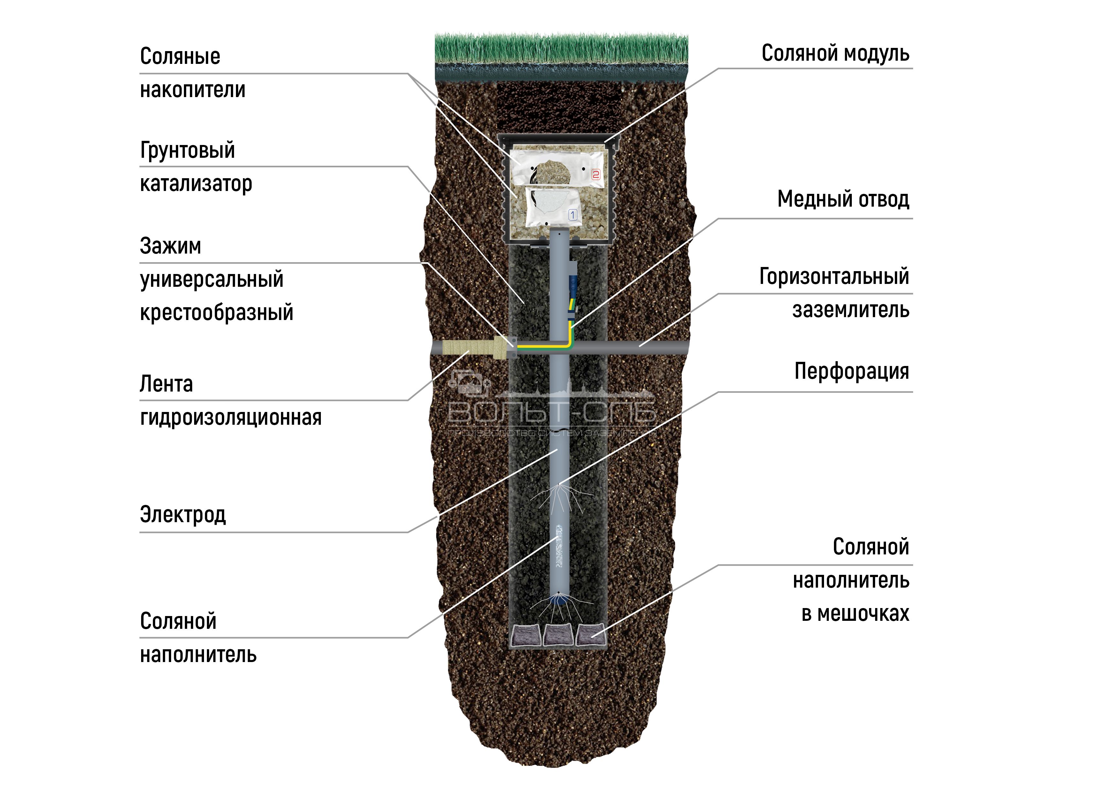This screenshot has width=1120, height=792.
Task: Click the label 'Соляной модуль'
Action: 835,54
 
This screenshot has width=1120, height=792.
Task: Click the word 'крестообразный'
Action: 216,313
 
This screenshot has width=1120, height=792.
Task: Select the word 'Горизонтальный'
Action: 834,277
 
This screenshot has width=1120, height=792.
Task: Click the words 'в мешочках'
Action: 855,613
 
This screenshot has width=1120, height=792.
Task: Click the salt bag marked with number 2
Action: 556,168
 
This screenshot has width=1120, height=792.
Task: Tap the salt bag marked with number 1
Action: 551,207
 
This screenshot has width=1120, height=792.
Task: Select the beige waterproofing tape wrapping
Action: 468,347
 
